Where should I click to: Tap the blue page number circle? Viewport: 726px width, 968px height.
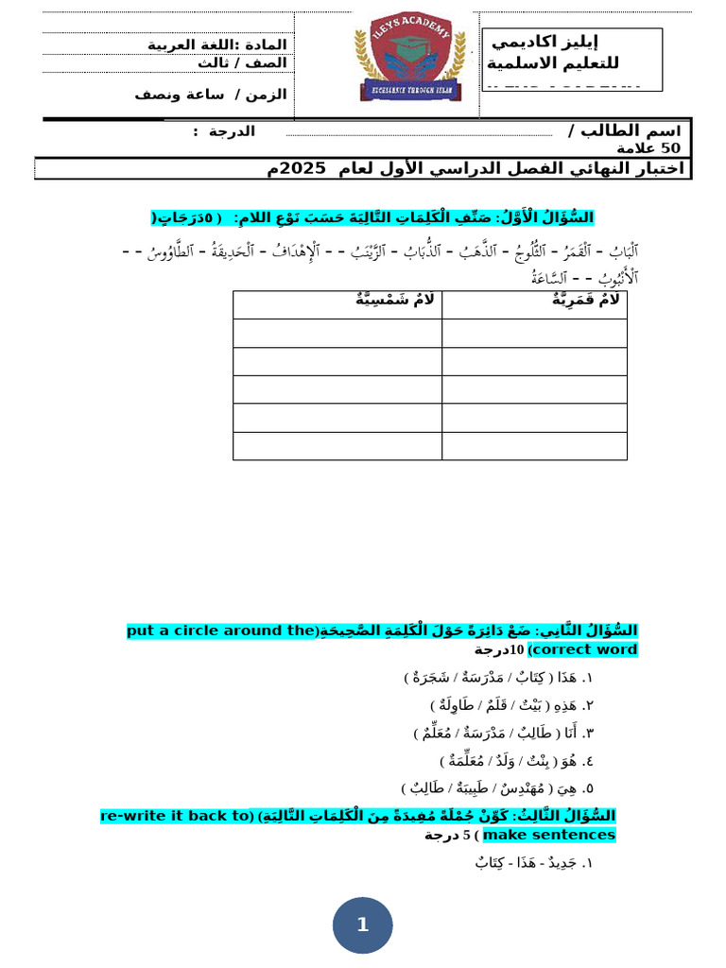click(x=362, y=925)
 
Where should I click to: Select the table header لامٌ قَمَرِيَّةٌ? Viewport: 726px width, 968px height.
click(x=586, y=300)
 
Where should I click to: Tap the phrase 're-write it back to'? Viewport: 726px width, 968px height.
click(x=178, y=816)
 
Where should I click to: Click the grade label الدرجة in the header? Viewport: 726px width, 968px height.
click(x=232, y=130)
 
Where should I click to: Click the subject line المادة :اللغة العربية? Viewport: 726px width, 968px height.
click(x=216, y=44)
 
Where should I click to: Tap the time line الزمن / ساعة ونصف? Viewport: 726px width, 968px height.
click(x=210, y=95)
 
